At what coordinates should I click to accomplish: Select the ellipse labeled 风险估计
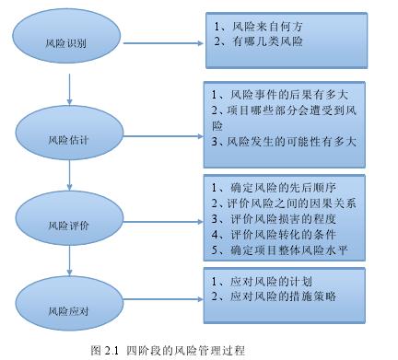[x=70, y=139]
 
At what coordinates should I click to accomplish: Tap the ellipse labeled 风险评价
[x=70, y=224]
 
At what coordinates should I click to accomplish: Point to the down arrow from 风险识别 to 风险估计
[x=70, y=90]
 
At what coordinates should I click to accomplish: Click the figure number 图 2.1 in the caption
[x=107, y=349]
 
